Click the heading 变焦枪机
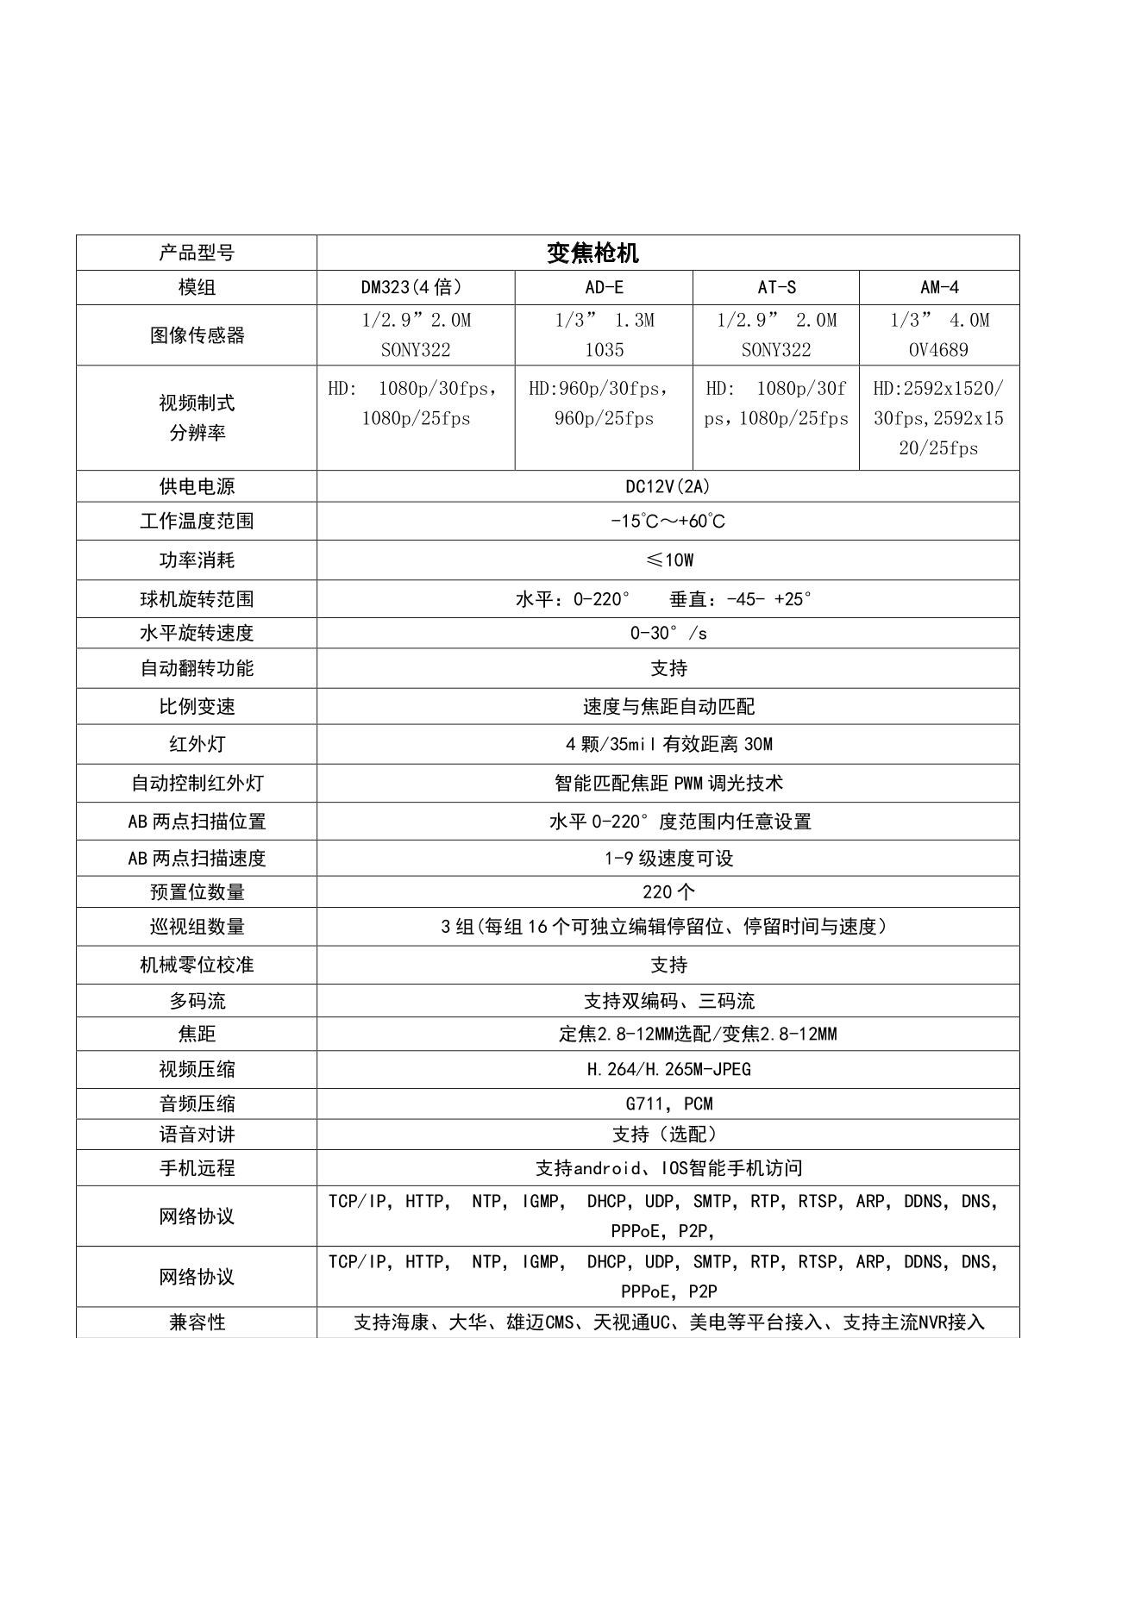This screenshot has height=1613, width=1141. point(592,253)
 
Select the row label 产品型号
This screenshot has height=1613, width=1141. point(197,253)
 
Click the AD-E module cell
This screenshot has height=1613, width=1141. point(604,287)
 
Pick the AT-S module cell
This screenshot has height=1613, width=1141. point(776,287)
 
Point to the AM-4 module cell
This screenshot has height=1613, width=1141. point(939,287)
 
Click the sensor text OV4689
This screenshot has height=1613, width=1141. point(938,350)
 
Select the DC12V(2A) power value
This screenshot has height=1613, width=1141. point(668,486)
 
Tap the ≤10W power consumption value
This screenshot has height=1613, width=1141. point(669,560)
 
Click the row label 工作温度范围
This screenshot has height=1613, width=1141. point(197,521)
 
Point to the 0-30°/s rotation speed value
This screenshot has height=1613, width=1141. point(668,633)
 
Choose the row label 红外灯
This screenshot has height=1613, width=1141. point(197,744)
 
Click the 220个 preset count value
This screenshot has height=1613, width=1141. point(668,891)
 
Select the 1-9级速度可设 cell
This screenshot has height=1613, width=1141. point(668,859)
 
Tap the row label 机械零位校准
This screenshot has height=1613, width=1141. point(197,965)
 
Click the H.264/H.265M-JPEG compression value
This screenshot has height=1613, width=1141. point(668,1069)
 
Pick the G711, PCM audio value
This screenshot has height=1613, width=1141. point(669,1103)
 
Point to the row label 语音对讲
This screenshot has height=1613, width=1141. point(197,1135)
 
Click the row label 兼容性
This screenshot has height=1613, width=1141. point(197,1322)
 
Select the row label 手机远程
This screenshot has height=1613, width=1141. point(197,1168)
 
